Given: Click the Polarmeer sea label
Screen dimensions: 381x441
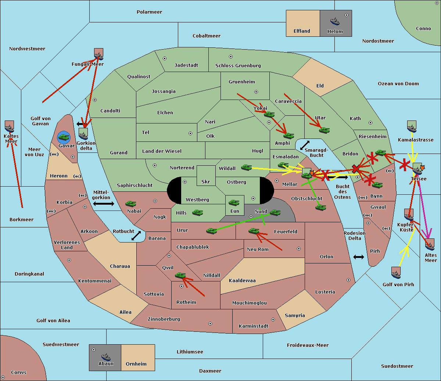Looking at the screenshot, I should point(149,12).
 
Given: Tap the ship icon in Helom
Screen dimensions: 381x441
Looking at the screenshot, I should point(335,21).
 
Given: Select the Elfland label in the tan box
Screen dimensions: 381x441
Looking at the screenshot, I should point(302,31).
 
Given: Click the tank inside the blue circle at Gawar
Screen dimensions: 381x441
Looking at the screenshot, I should point(64,137).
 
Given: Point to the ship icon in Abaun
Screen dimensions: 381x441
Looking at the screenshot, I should point(106,357).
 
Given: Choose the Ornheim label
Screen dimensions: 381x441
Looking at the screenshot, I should point(136,364).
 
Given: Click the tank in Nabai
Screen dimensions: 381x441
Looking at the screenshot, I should point(130,204).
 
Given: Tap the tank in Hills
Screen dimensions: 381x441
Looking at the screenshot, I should point(198,212).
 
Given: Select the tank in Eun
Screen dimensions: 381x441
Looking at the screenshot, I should point(234,203).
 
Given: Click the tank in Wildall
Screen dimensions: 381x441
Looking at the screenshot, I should point(247,168).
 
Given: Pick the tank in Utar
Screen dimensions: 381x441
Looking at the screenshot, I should point(324,130).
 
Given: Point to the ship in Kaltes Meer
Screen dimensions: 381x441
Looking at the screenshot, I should point(10,127).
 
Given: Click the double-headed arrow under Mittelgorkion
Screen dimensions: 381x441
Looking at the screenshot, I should point(103,204).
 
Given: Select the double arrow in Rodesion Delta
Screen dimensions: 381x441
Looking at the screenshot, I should point(359,257).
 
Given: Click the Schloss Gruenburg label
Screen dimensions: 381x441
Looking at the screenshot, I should point(238,66).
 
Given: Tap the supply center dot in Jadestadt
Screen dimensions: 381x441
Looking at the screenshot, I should point(165,58).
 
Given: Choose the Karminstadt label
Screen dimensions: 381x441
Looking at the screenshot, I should point(254,326).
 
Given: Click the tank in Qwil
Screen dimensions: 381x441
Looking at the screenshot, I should point(180,275).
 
